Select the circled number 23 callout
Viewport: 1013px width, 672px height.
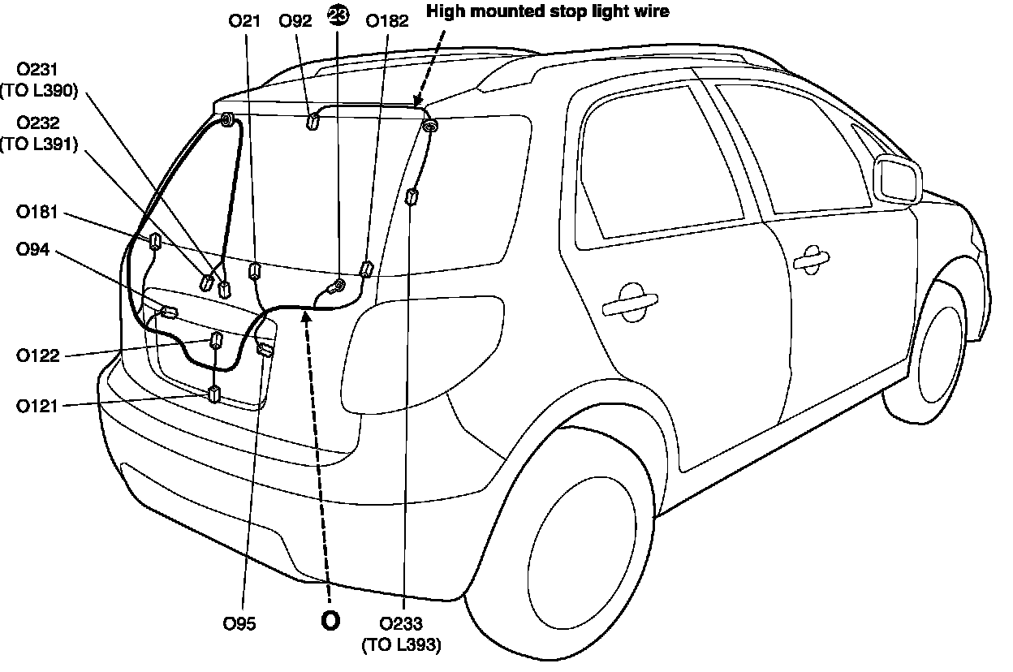[x=338, y=14]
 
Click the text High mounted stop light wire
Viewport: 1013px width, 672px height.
[x=548, y=11]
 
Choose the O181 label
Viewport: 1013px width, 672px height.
[x=37, y=213]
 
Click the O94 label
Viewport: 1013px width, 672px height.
[x=32, y=250]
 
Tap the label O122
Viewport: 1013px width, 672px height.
[x=37, y=355]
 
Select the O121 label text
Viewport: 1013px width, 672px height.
[x=37, y=406]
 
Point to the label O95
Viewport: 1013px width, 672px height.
[x=239, y=624]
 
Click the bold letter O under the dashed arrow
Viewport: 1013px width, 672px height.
[x=330, y=620]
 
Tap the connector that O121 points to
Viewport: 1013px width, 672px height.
[x=214, y=395]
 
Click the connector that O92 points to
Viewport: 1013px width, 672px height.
[x=312, y=122]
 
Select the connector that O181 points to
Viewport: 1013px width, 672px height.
[x=153, y=240]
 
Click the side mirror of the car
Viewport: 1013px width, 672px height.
[x=897, y=179]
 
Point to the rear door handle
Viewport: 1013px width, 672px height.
[x=630, y=302]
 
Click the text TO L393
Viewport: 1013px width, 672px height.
[x=401, y=645]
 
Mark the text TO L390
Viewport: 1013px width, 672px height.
[x=39, y=91]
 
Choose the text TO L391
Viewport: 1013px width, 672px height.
[x=39, y=144]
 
